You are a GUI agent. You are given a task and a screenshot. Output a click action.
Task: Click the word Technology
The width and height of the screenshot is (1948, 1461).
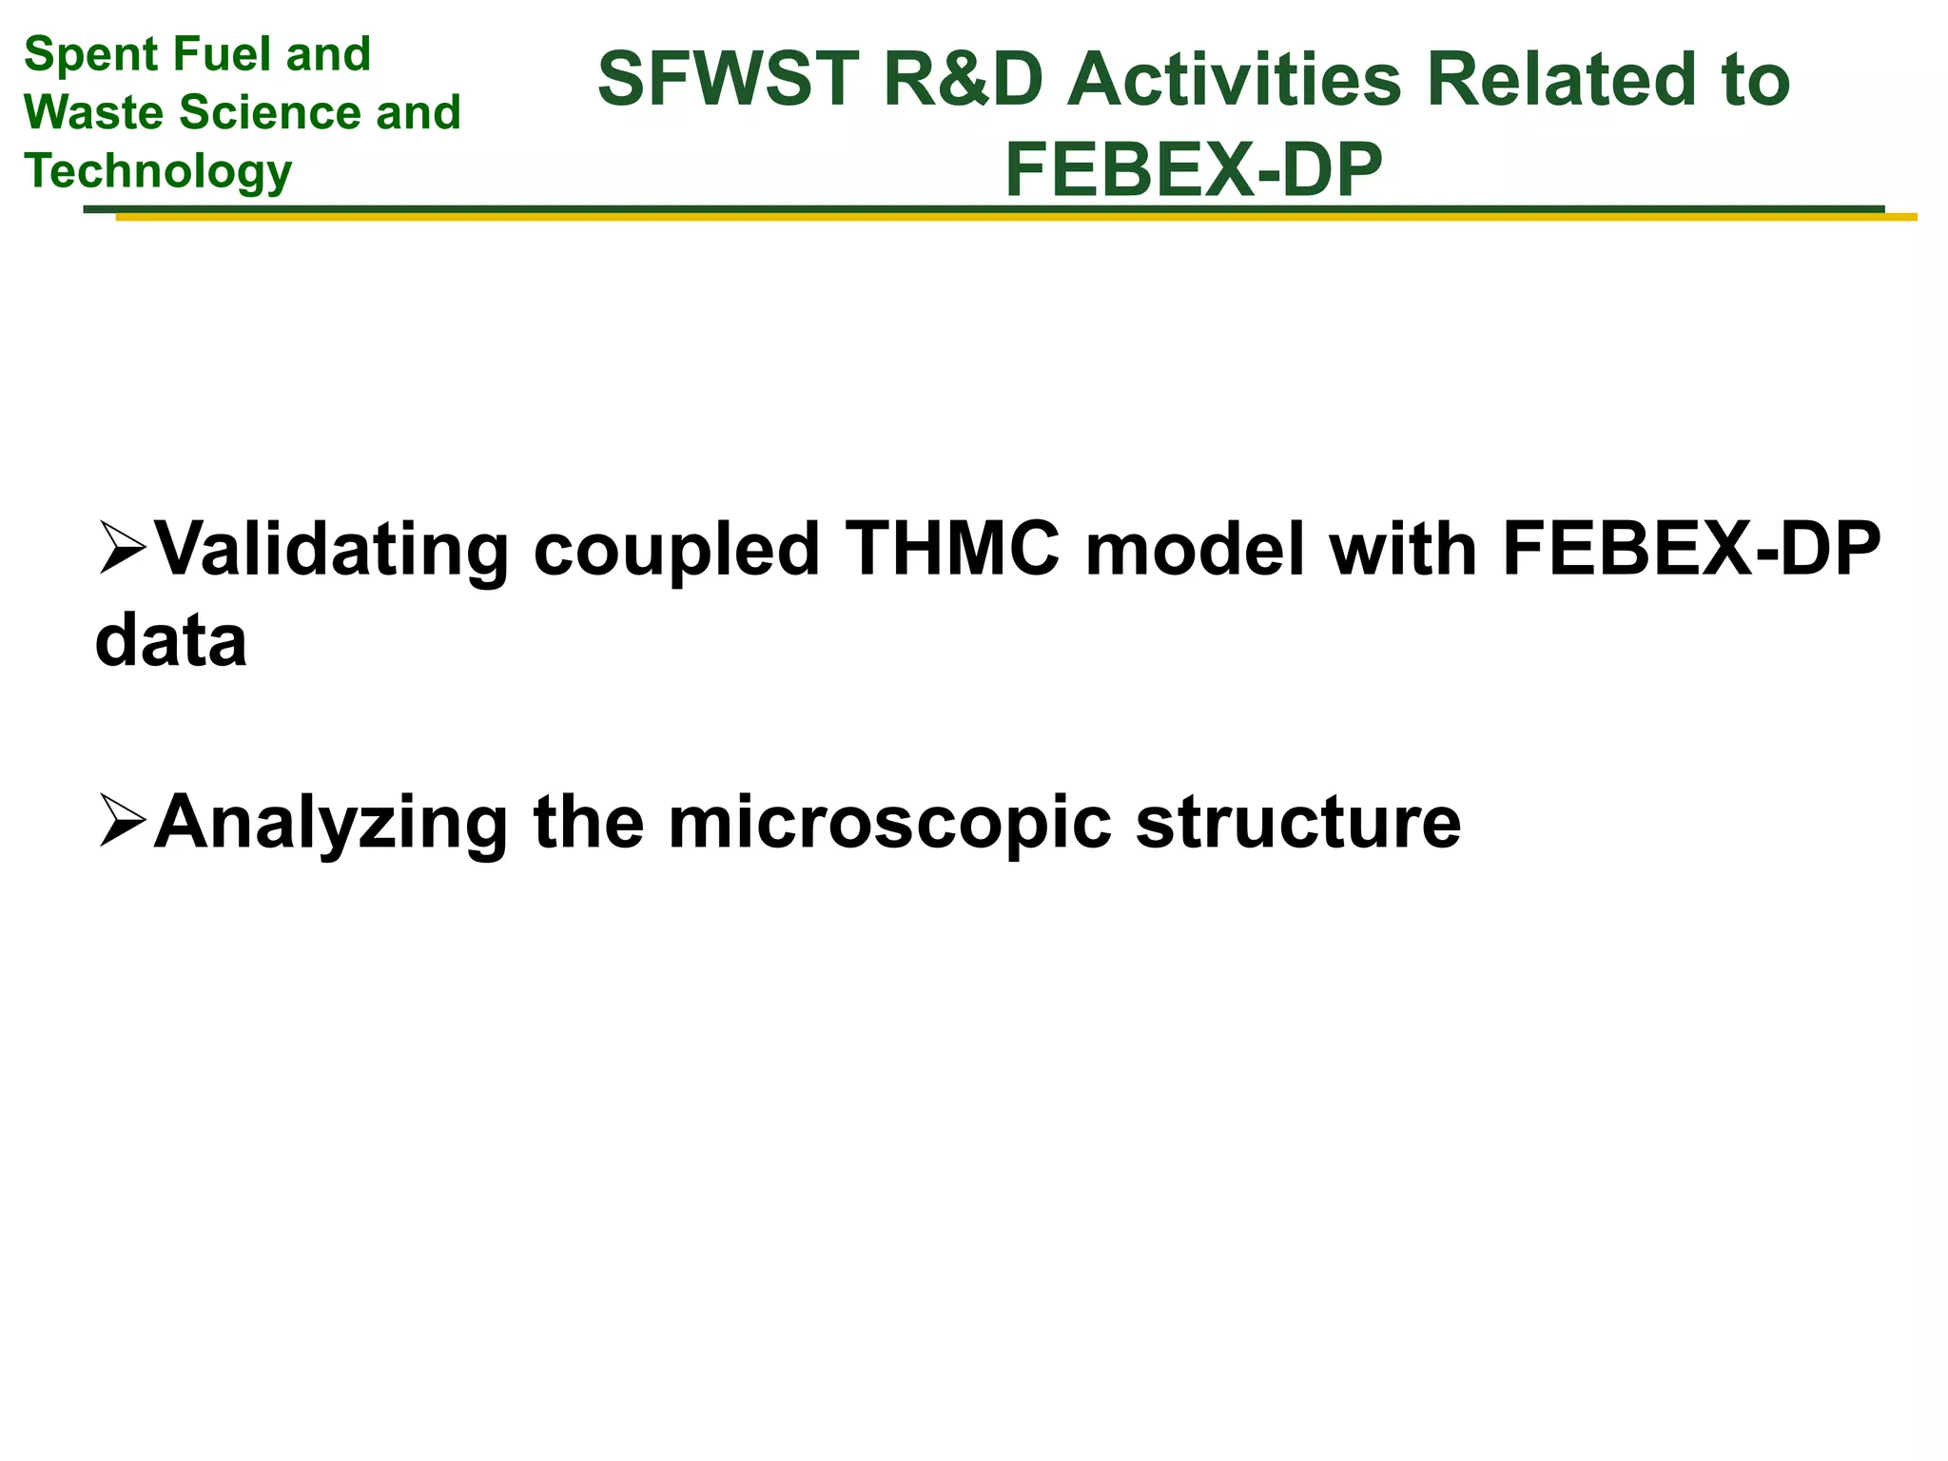(158, 171)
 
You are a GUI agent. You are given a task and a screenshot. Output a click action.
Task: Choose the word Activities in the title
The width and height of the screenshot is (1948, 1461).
(1234, 80)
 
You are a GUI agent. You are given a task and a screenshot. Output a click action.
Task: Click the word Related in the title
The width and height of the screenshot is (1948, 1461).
(1559, 80)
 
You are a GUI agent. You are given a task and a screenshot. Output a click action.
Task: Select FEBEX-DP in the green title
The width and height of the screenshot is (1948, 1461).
(1193, 171)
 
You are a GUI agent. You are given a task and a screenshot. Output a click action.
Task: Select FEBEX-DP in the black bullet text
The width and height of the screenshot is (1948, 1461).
(1691, 550)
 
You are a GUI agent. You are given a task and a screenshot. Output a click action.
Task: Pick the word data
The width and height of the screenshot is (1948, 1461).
(171, 641)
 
